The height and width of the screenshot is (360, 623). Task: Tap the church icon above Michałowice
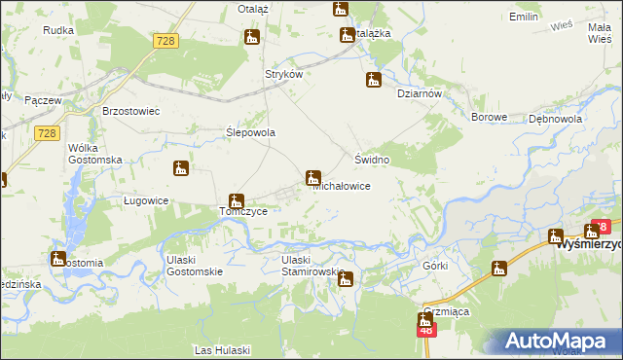click(313, 177)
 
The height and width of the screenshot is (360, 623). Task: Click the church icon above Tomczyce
click(235, 201)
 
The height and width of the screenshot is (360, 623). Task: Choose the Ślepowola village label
click(251, 132)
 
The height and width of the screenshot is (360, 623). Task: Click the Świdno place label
click(372, 159)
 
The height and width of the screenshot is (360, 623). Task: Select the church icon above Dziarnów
click(373, 80)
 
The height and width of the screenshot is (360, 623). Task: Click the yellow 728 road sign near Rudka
click(165, 40)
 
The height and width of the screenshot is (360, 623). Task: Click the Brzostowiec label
click(130, 111)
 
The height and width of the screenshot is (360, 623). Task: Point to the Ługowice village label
click(146, 200)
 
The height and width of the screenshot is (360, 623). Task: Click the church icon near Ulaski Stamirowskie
click(345, 280)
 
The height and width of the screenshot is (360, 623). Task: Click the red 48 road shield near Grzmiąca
click(426, 331)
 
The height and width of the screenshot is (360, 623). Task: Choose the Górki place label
click(434, 266)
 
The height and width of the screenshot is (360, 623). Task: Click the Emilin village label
click(524, 18)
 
